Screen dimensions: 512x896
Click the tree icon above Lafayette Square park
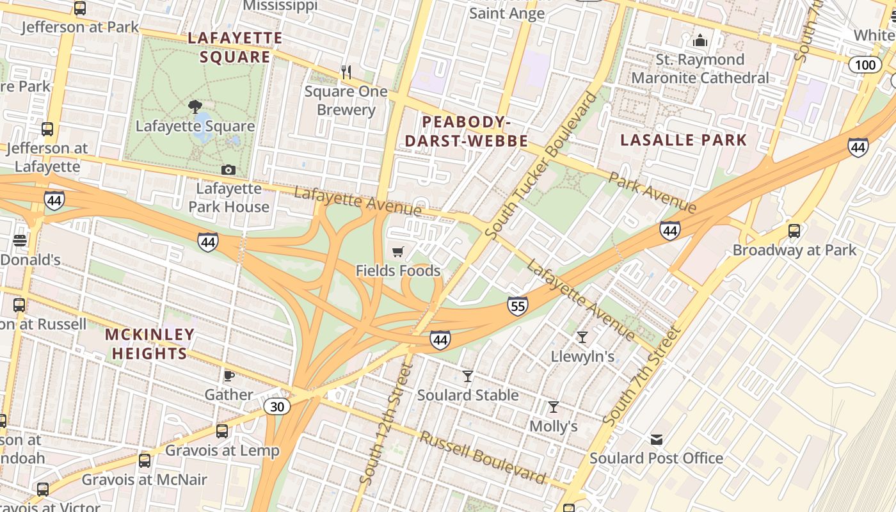(x=195, y=107)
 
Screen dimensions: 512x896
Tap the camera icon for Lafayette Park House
(x=228, y=170)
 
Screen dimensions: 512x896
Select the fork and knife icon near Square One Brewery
(x=346, y=72)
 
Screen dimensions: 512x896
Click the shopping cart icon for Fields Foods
(x=398, y=252)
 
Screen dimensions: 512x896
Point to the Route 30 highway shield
(x=277, y=406)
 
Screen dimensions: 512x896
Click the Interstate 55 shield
(x=517, y=306)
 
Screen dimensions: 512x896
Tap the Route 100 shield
(x=865, y=65)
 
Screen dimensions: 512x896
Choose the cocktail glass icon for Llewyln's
(x=582, y=337)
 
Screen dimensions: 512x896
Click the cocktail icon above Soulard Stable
(x=468, y=376)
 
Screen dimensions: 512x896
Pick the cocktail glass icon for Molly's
(x=554, y=407)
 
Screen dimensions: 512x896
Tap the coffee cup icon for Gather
(x=228, y=376)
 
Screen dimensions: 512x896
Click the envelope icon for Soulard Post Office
(x=656, y=440)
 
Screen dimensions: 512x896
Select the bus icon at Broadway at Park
(x=794, y=231)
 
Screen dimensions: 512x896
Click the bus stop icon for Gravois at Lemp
(x=222, y=431)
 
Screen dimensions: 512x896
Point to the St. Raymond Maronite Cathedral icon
(x=700, y=41)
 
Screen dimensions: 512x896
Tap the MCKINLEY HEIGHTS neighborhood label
(x=150, y=344)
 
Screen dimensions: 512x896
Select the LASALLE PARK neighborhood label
(x=684, y=140)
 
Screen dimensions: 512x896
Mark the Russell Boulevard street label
(x=483, y=458)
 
